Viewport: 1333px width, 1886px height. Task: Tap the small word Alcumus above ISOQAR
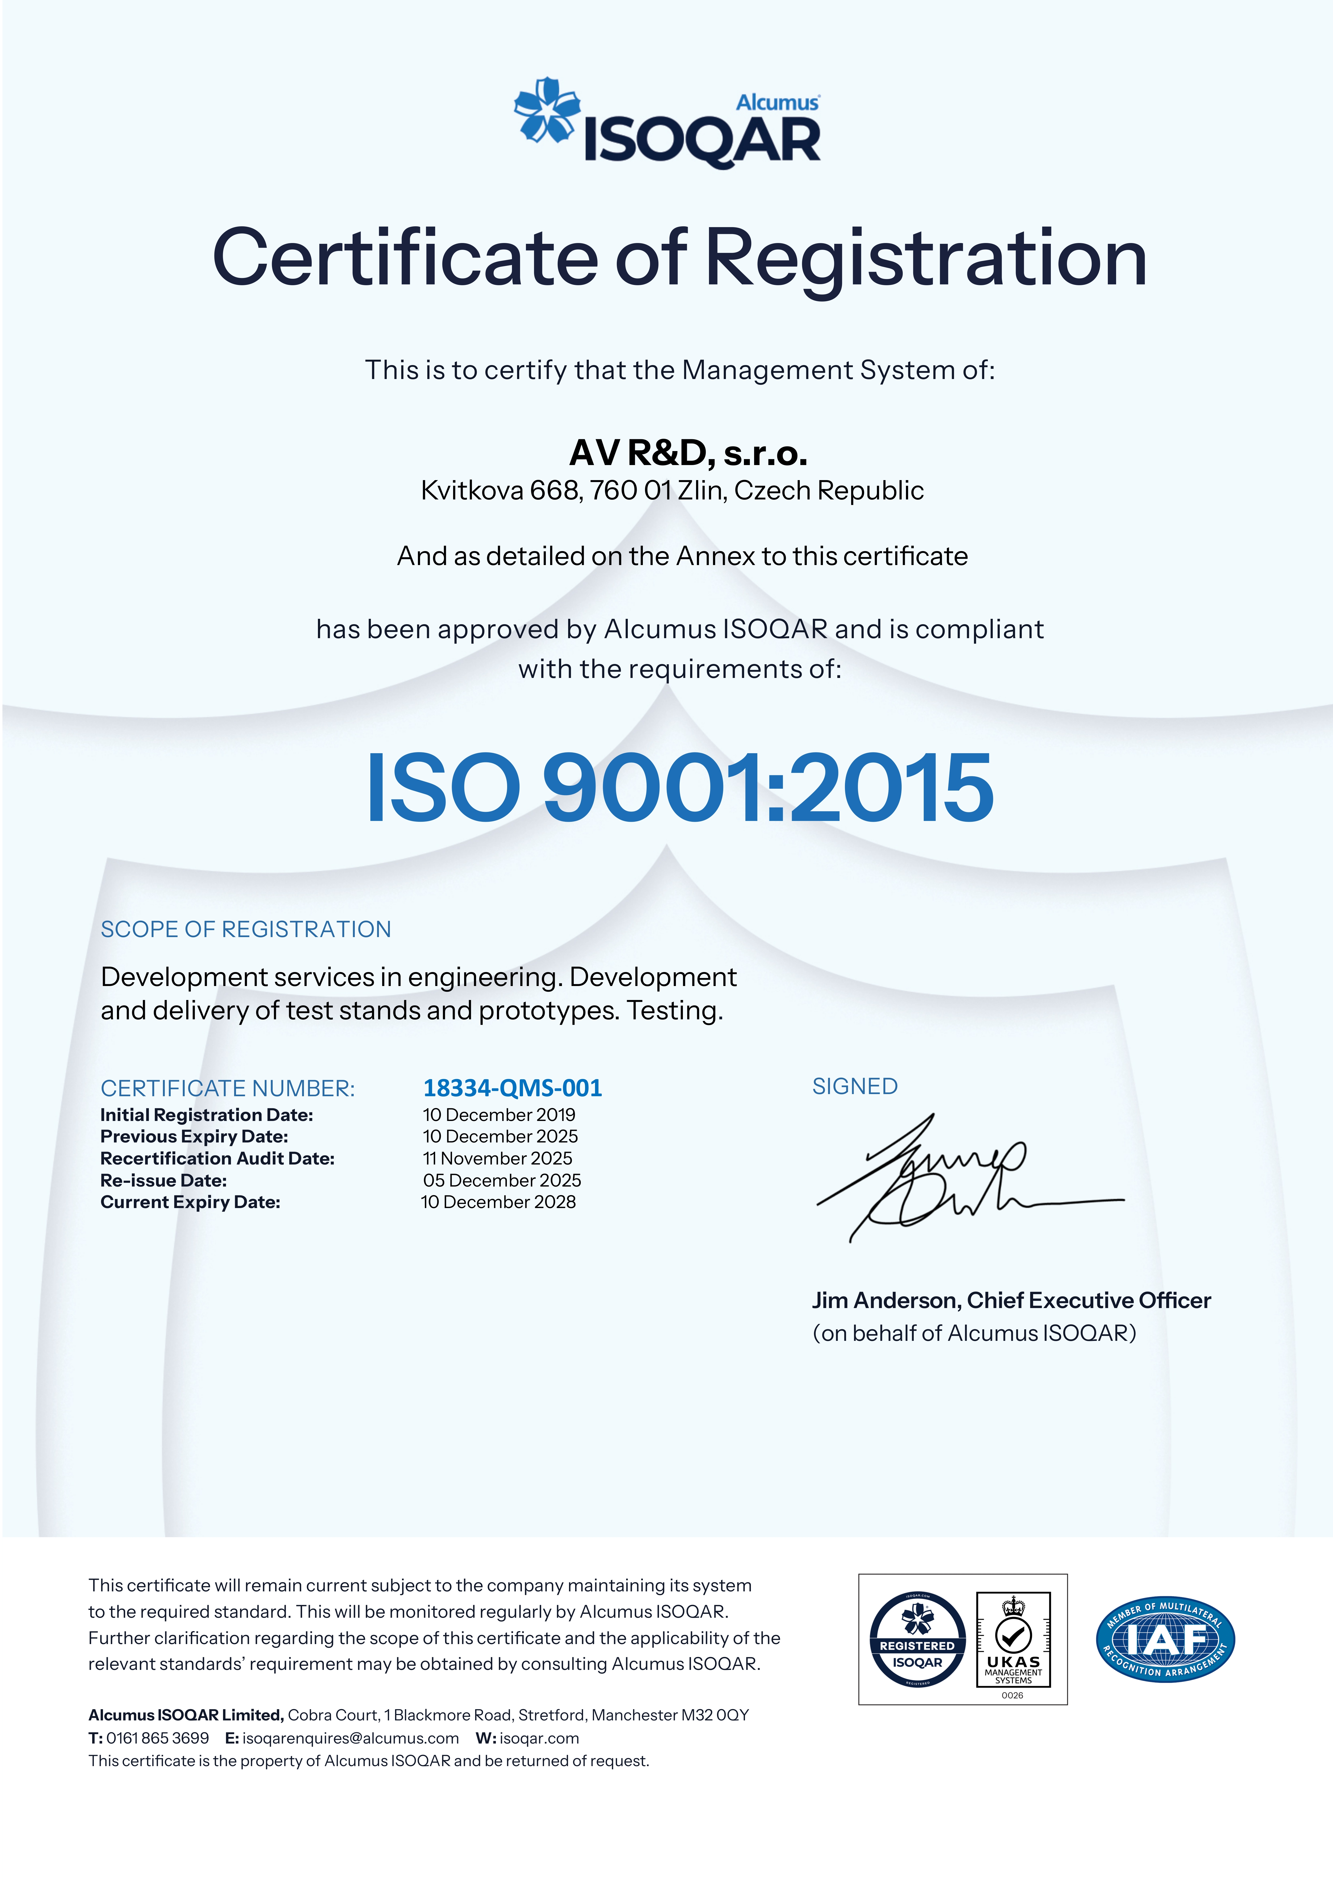click(777, 103)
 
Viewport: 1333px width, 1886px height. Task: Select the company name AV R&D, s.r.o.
click(688, 453)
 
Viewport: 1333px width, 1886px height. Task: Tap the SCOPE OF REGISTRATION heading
click(246, 929)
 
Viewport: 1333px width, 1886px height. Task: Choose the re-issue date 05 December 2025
click(502, 1180)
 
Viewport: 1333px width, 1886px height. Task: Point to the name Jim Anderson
click(885, 1300)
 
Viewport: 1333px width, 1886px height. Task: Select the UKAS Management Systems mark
click(1013, 1639)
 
